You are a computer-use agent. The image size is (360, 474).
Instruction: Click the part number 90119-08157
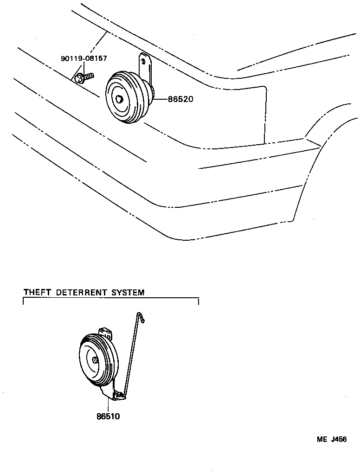84,58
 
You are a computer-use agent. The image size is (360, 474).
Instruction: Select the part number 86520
180,99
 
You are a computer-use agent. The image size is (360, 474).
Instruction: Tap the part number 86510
108,416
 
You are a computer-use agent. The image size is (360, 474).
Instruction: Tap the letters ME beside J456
322,440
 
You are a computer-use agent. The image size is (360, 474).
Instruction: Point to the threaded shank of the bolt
89,74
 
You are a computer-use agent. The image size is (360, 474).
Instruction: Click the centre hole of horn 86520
120,99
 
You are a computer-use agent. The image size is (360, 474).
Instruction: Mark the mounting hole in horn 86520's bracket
143,60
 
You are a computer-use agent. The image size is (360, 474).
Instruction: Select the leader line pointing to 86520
161,99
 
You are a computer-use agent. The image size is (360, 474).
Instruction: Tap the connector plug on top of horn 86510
106,332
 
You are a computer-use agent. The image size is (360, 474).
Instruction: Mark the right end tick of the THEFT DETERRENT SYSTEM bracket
199,301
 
